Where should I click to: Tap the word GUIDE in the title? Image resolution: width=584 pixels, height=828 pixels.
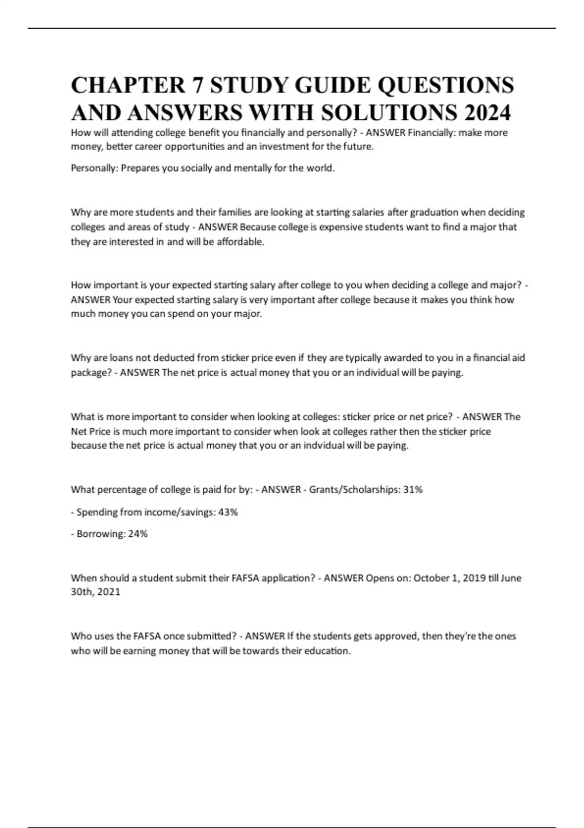pos(325,85)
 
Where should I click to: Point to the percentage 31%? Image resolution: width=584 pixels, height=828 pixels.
pos(413,489)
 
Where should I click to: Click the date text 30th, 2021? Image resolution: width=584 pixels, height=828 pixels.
pos(95,592)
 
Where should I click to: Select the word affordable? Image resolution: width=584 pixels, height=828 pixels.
pos(240,242)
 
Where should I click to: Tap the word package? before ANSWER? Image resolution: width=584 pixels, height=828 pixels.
pos(91,373)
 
